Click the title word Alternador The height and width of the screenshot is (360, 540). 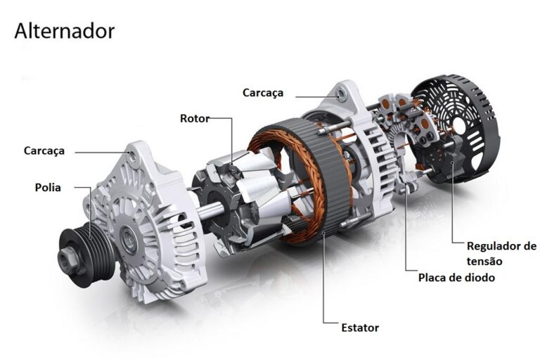65,31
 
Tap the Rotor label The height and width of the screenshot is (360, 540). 195,119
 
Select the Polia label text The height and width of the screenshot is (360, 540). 48,188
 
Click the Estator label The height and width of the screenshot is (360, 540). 360,328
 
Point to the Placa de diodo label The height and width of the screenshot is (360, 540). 456,277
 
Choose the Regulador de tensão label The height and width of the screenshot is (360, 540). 501,254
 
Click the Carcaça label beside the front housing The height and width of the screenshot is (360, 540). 44,151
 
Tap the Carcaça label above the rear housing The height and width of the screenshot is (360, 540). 263,93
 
